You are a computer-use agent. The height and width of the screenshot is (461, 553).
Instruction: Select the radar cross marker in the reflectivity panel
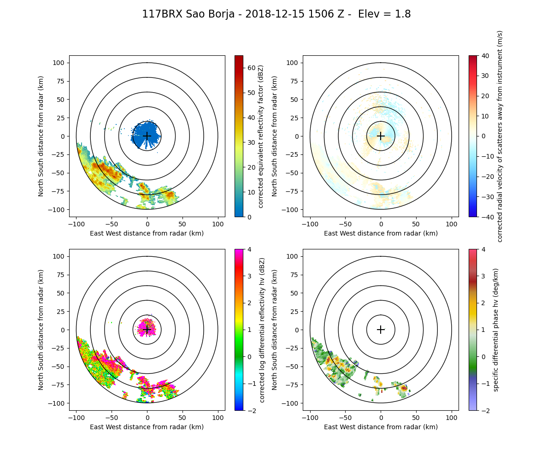[147, 136]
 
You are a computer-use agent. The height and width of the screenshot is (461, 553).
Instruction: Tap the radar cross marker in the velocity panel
[381, 136]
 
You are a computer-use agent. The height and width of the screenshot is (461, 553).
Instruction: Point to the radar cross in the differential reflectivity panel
[147, 330]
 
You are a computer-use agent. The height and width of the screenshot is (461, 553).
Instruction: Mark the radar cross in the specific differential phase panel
[381, 330]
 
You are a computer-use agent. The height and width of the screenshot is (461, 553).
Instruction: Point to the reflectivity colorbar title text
[261, 136]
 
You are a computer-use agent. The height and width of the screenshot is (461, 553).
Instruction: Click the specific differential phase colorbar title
[496, 330]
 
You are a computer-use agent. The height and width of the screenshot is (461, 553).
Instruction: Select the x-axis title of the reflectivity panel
[147, 233]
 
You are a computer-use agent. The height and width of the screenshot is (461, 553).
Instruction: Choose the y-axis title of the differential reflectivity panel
[41, 330]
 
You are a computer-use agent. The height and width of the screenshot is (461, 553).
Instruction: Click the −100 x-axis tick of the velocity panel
[310, 224]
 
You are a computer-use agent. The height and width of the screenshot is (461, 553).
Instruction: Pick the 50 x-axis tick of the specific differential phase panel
[416, 417]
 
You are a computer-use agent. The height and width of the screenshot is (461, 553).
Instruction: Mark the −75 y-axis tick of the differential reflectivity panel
[60, 385]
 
